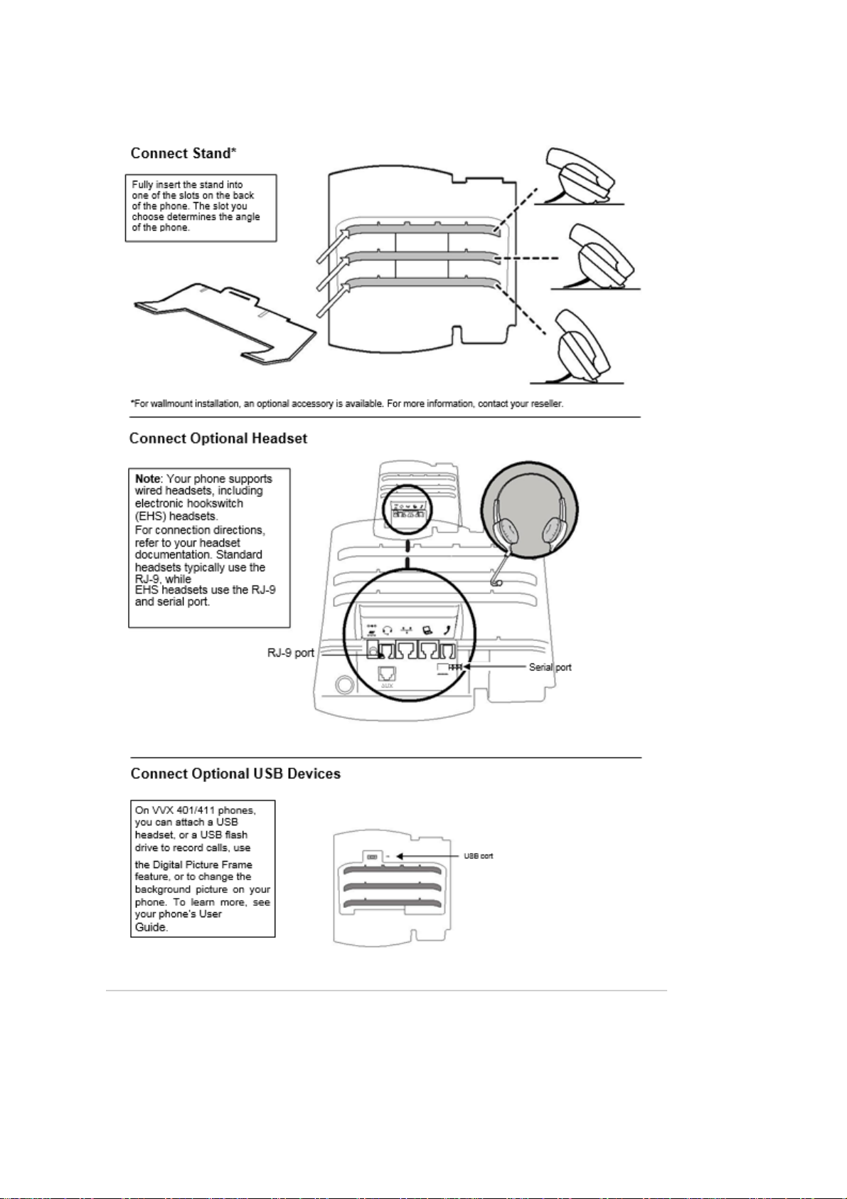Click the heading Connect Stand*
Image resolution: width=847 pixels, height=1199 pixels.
183,154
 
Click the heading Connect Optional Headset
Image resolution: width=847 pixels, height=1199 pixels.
218,438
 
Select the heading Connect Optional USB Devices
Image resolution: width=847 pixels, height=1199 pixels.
235,774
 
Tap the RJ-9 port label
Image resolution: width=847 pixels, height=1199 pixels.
291,653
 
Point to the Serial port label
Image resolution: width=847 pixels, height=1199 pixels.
550,667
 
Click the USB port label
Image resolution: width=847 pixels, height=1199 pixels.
479,856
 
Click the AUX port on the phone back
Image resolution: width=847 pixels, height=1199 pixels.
386,673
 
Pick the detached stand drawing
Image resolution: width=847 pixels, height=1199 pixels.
225,324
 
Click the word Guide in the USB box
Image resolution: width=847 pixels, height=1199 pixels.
151,927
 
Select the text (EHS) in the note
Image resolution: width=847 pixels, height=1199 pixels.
151,517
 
